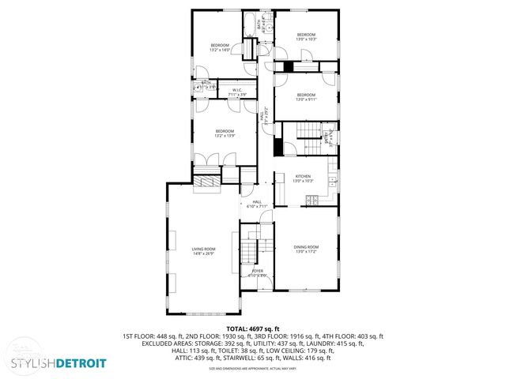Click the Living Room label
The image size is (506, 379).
203,250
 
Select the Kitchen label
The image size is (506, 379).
304,178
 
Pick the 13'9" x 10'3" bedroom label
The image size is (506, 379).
306,36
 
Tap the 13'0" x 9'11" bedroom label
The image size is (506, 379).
305,97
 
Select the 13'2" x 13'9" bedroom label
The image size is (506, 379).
225,133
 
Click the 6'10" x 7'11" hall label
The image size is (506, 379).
257,204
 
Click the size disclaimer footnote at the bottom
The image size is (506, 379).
253,369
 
